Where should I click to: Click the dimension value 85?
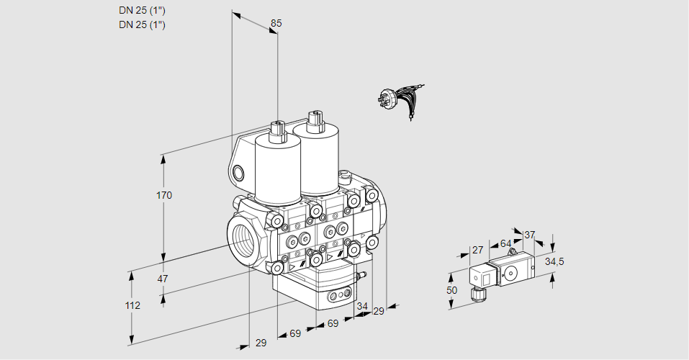pos(276,23)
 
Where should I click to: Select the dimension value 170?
pos(165,195)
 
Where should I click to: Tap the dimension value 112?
pos(132,305)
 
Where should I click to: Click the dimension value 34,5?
pos(554,261)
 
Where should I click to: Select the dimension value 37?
pos(530,235)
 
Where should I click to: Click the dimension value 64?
pos(505,243)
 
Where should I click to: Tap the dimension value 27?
pos(477,250)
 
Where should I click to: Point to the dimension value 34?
pos(361,306)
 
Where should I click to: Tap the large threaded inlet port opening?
pos(243,236)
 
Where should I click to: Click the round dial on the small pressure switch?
pos(511,273)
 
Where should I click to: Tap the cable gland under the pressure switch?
pos(475,292)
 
